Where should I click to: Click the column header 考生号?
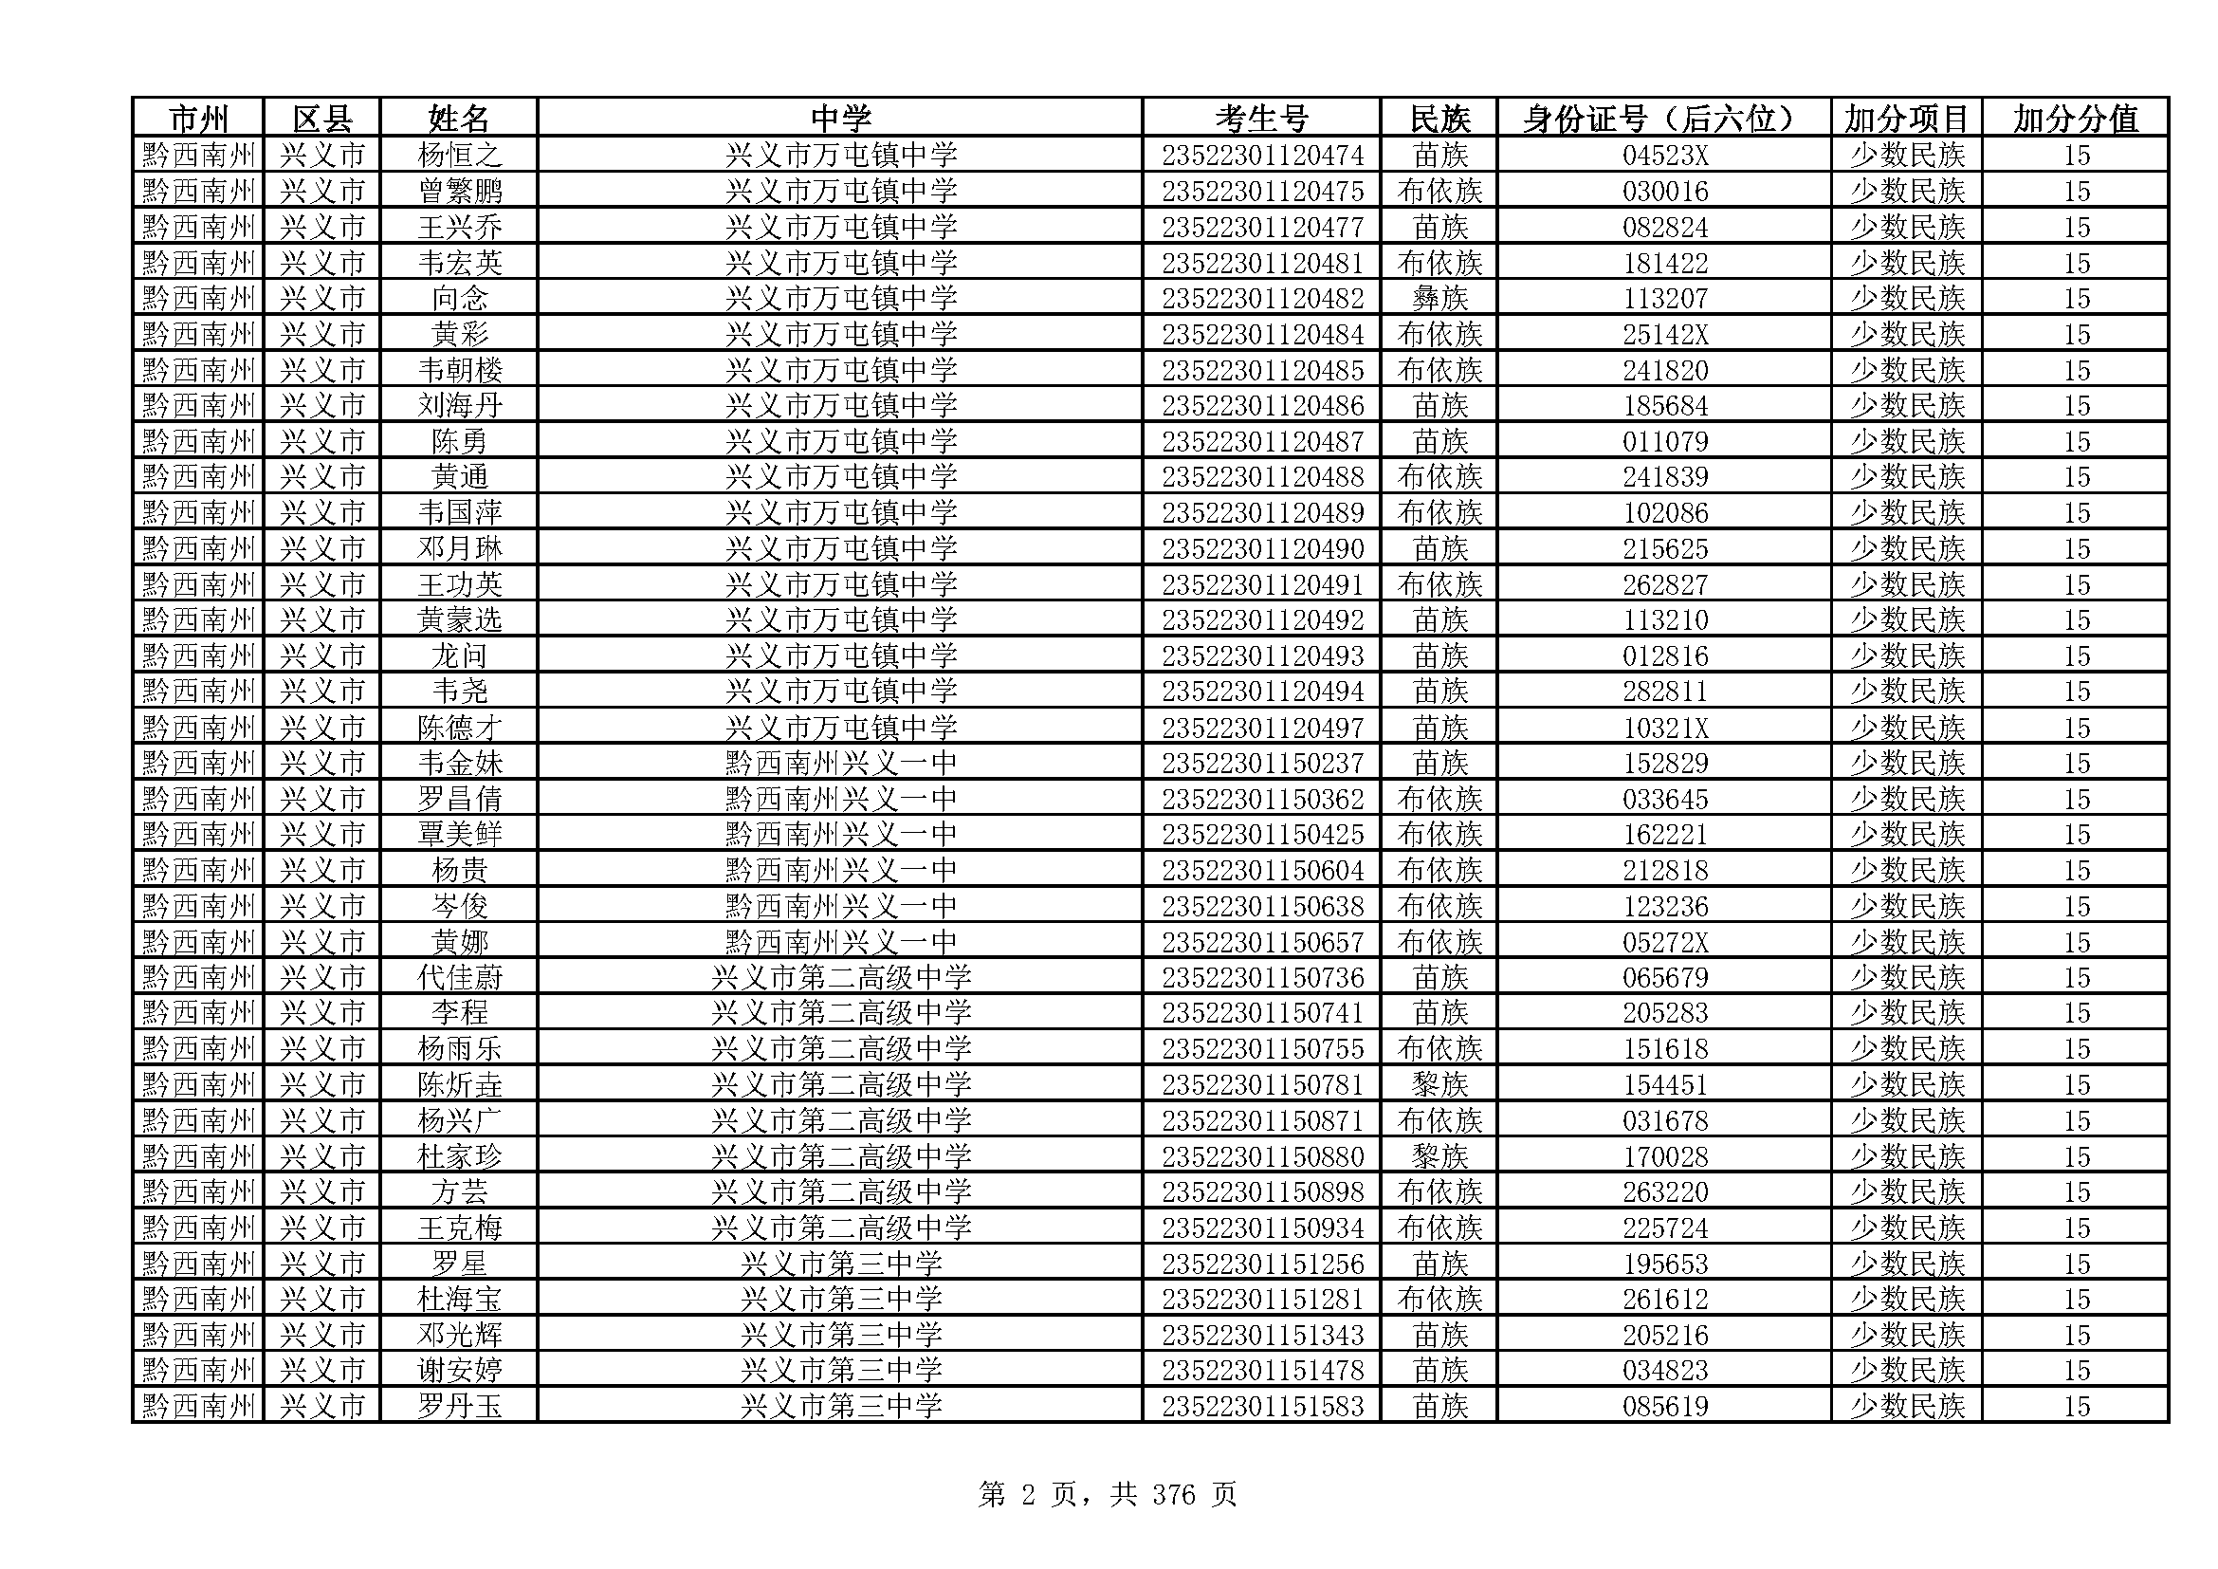[x=1260, y=119]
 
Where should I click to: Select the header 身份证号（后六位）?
[x=1662, y=119]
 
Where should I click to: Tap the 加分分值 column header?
[x=2075, y=119]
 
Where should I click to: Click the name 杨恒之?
[x=460, y=156]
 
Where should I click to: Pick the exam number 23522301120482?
[x=1261, y=299]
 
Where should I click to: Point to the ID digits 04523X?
[x=1664, y=156]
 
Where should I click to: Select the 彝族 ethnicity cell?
[x=1439, y=299]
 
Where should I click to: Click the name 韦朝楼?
[x=460, y=370]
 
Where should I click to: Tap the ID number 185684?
[x=1664, y=406]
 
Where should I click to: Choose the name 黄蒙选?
[x=460, y=620]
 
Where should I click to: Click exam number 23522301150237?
[x=1261, y=764]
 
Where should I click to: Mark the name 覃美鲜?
[x=460, y=835]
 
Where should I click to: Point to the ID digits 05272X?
[x=1664, y=942]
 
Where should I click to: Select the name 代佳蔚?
[x=460, y=978]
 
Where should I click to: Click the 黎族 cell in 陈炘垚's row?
[x=1439, y=1085]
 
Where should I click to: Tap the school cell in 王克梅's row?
[x=840, y=1228]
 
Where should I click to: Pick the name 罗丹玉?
[x=460, y=1407]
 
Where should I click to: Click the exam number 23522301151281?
[x=1261, y=1300]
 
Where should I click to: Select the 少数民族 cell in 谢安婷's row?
[x=1907, y=1371]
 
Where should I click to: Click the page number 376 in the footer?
[x=1174, y=1496]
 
